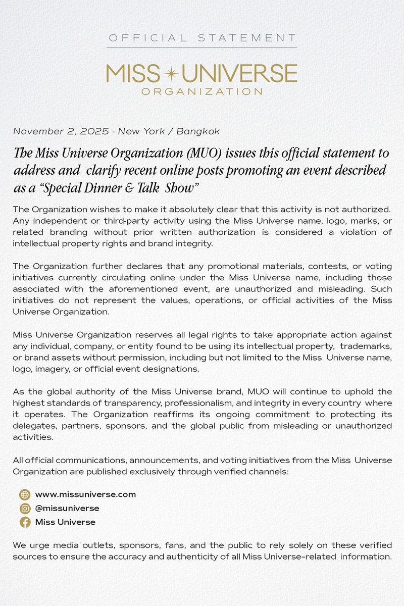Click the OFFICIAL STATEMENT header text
point(202,38)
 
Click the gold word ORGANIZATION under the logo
point(202,92)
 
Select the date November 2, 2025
point(61,131)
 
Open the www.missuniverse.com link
point(85,494)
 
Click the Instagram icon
point(25,509)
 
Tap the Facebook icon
point(25,522)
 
